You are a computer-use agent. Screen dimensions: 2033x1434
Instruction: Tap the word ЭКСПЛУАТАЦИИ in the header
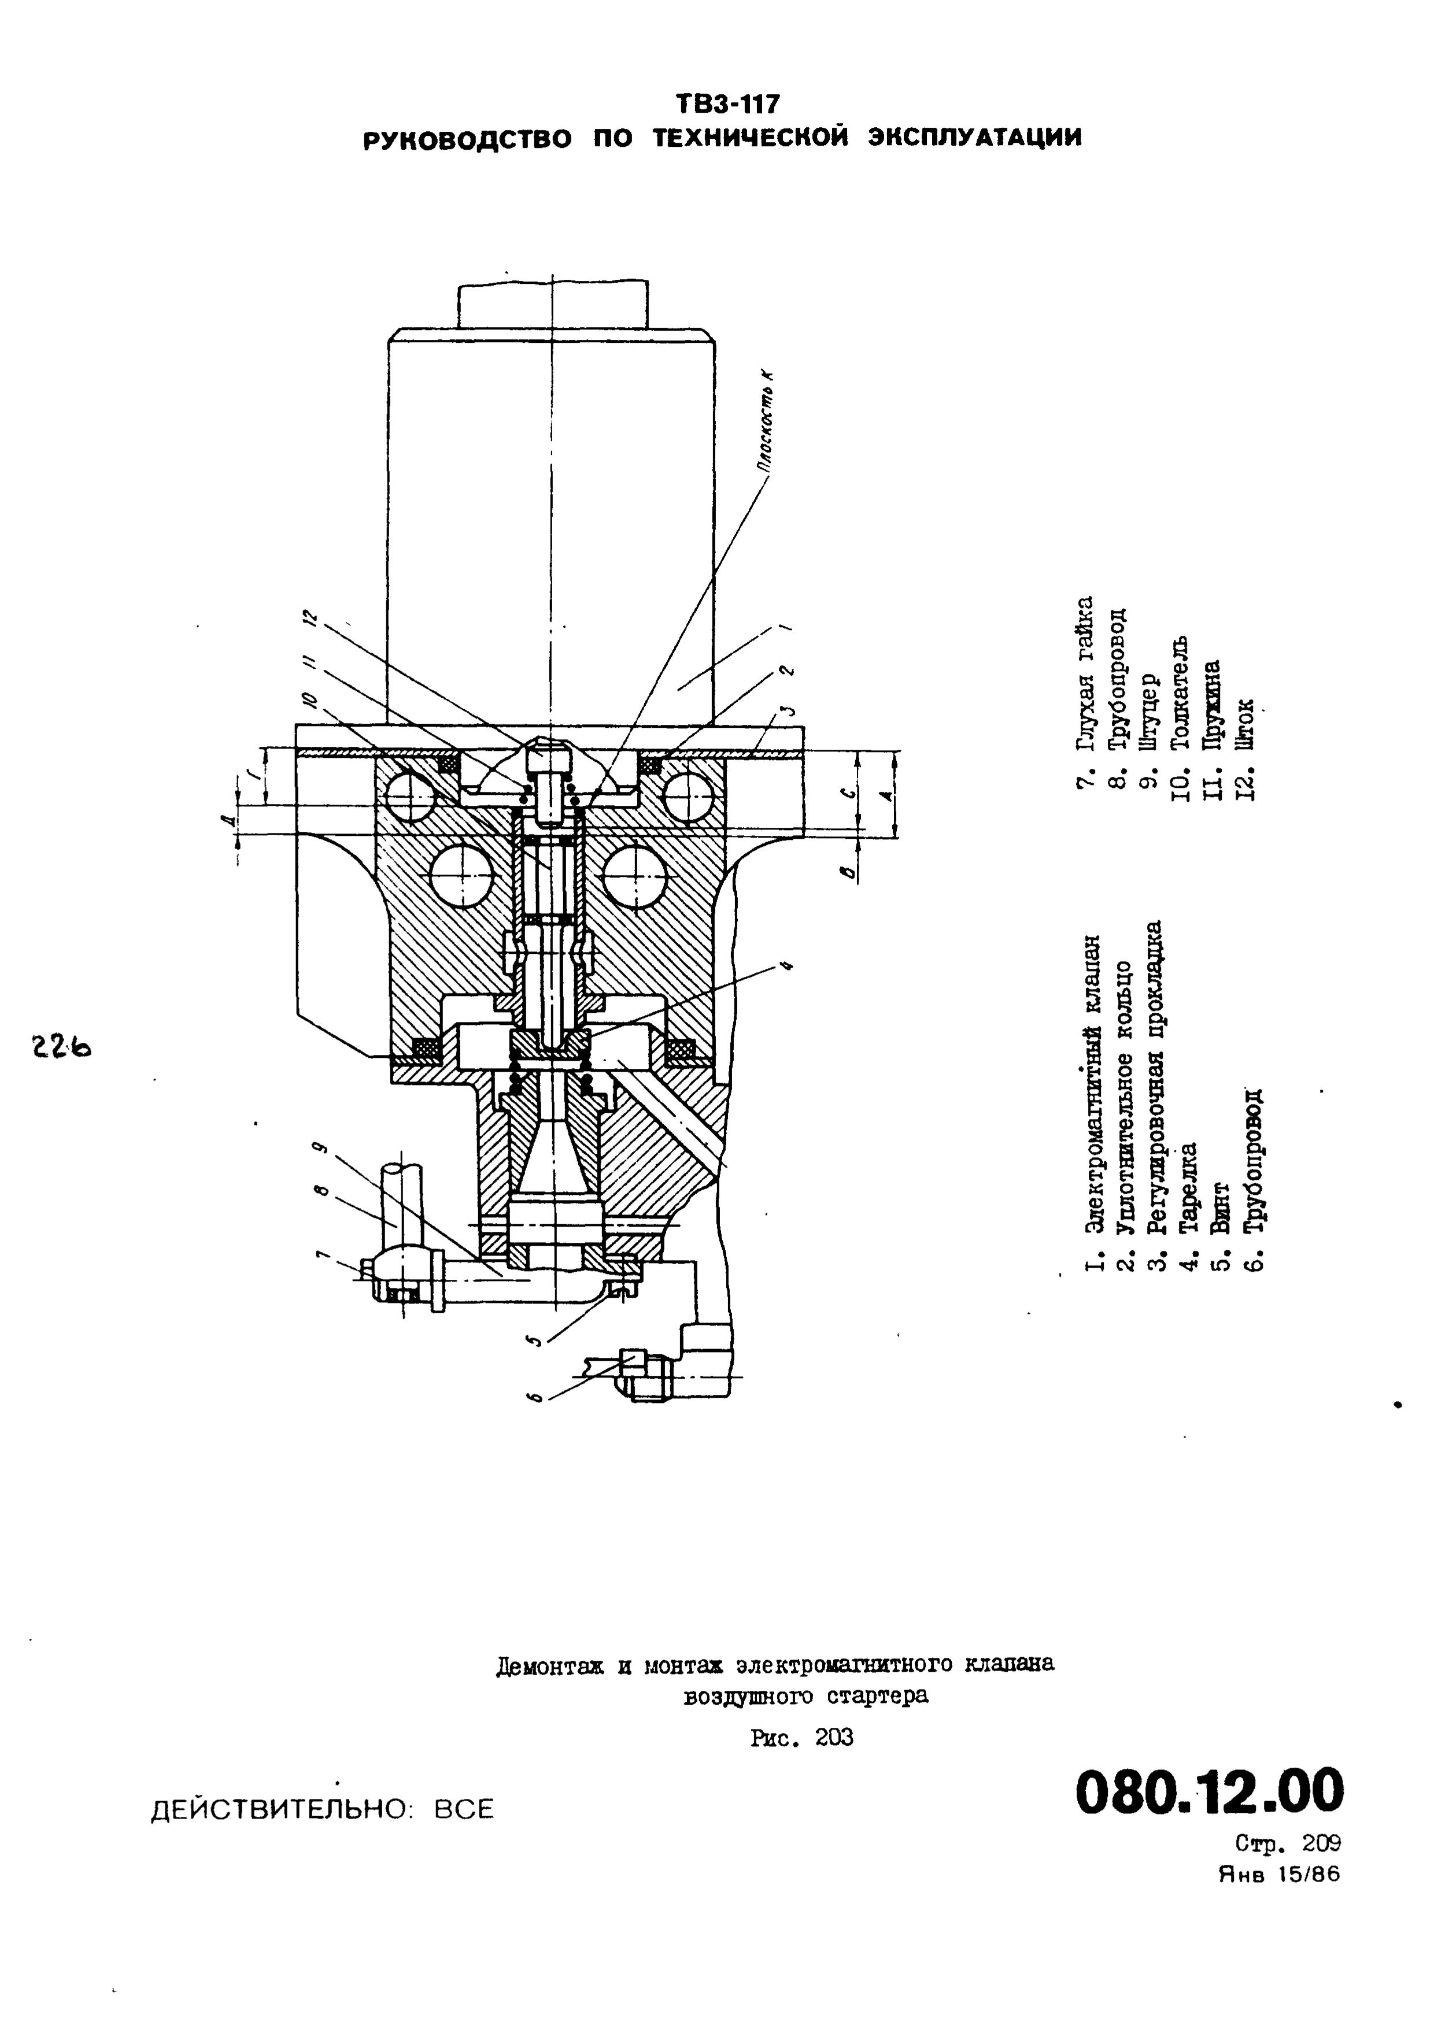pos(973,138)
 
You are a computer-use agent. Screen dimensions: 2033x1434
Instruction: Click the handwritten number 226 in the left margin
pos(63,1047)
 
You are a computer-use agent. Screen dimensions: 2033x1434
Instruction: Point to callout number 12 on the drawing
pos(308,617)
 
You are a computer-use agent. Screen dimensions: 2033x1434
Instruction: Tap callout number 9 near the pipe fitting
pos(321,1149)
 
